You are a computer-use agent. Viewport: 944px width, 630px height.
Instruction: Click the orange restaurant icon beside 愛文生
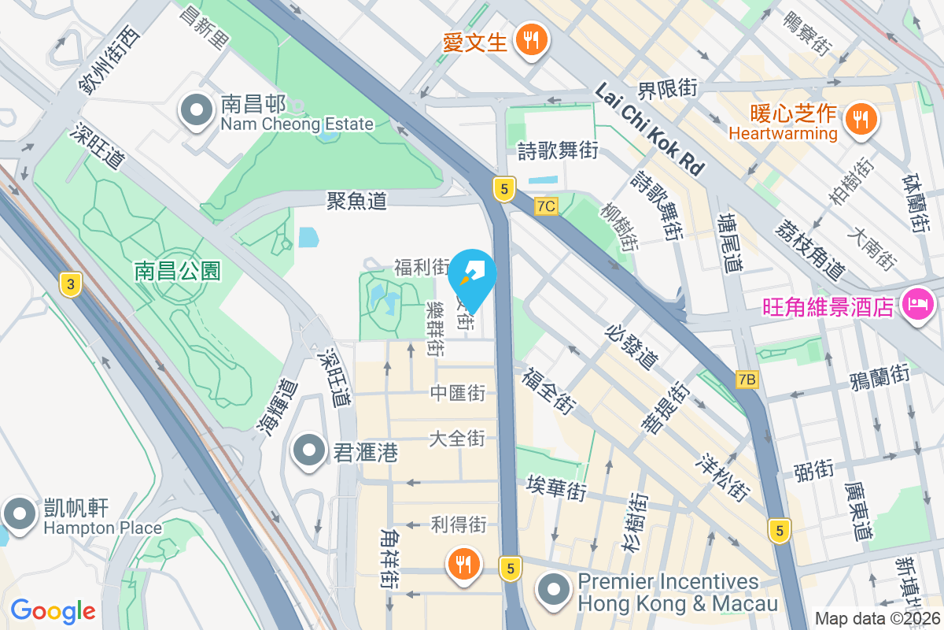(532, 39)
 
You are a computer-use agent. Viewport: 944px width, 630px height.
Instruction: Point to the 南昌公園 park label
(178, 272)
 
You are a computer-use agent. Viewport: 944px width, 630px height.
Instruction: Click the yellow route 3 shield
(71, 285)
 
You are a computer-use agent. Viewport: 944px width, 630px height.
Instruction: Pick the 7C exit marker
(546, 206)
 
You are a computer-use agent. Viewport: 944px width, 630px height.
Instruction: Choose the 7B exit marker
(747, 380)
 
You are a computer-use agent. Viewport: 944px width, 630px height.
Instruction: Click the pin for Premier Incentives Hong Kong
(555, 590)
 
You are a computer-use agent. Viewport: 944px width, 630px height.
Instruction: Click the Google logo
(53, 611)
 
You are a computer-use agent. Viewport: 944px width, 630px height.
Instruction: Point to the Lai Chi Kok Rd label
(649, 130)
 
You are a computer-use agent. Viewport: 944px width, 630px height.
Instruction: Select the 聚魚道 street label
(357, 201)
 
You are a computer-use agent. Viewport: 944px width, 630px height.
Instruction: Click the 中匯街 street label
(457, 393)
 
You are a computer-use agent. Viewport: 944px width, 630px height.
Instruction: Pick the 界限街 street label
(668, 90)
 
